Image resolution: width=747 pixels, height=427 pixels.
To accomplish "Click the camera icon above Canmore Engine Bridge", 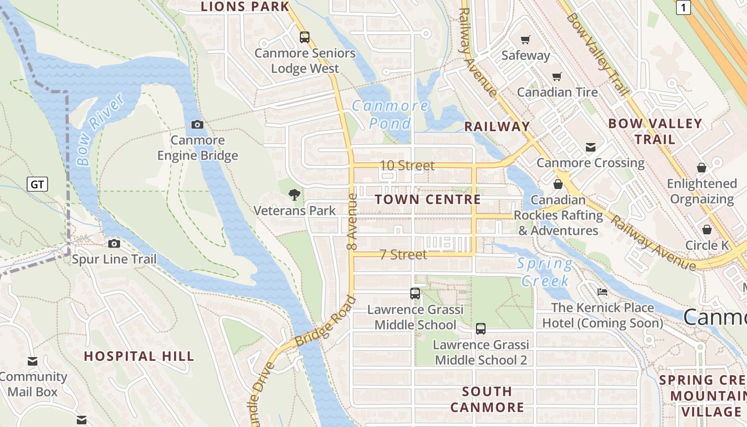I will point(197,124).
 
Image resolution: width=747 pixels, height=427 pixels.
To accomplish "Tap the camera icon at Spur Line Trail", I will point(114,244).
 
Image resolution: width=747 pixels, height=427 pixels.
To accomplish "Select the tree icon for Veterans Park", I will point(294,195).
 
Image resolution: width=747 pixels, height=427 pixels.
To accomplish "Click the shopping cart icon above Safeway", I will point(526,39).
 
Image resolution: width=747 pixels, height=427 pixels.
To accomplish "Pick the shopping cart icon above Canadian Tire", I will point(557,76).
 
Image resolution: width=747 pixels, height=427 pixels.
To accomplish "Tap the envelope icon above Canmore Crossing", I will point(591,147).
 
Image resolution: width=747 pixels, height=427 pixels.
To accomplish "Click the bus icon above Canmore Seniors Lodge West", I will point(305,37).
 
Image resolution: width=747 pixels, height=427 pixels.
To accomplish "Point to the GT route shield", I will point(37,185).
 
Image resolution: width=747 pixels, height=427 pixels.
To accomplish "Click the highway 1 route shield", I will point(684,7).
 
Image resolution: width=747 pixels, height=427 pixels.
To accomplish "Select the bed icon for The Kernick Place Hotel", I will point(602,292).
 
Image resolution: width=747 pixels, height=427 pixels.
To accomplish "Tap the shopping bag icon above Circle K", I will point(707,230).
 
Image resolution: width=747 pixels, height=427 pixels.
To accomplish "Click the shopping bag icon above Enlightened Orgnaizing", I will point(702,168).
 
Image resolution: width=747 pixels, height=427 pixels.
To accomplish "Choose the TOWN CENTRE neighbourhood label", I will point(428,200).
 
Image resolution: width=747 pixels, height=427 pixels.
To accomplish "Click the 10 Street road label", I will point(407,165).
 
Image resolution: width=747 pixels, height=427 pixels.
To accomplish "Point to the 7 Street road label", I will point(403,255).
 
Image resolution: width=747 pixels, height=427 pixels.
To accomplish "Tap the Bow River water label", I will point(100,129).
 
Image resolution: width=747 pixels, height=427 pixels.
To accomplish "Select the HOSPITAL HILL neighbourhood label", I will point(139,356).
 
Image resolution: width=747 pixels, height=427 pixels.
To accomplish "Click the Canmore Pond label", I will point(391,114).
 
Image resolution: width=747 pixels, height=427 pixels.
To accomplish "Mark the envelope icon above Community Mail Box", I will point(33,361).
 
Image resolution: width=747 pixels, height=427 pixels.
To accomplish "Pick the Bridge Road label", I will point(325,320).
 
